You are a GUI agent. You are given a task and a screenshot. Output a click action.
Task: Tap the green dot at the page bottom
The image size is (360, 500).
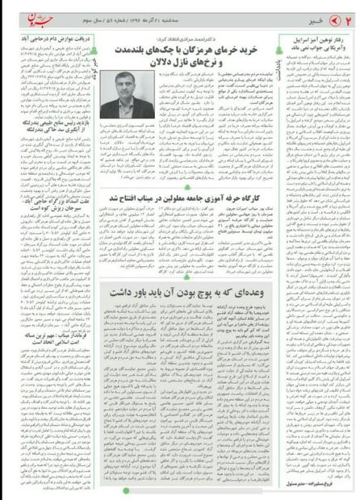[x=180, y=493]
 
